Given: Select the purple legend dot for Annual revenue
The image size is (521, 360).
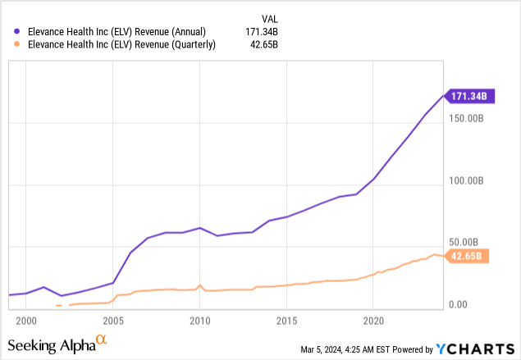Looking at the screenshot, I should click(x=17, y=30).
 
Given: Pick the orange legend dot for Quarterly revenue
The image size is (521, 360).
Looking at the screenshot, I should click(x=17, y=44).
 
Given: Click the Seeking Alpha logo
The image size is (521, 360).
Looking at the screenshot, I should click(x=57, y=344).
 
